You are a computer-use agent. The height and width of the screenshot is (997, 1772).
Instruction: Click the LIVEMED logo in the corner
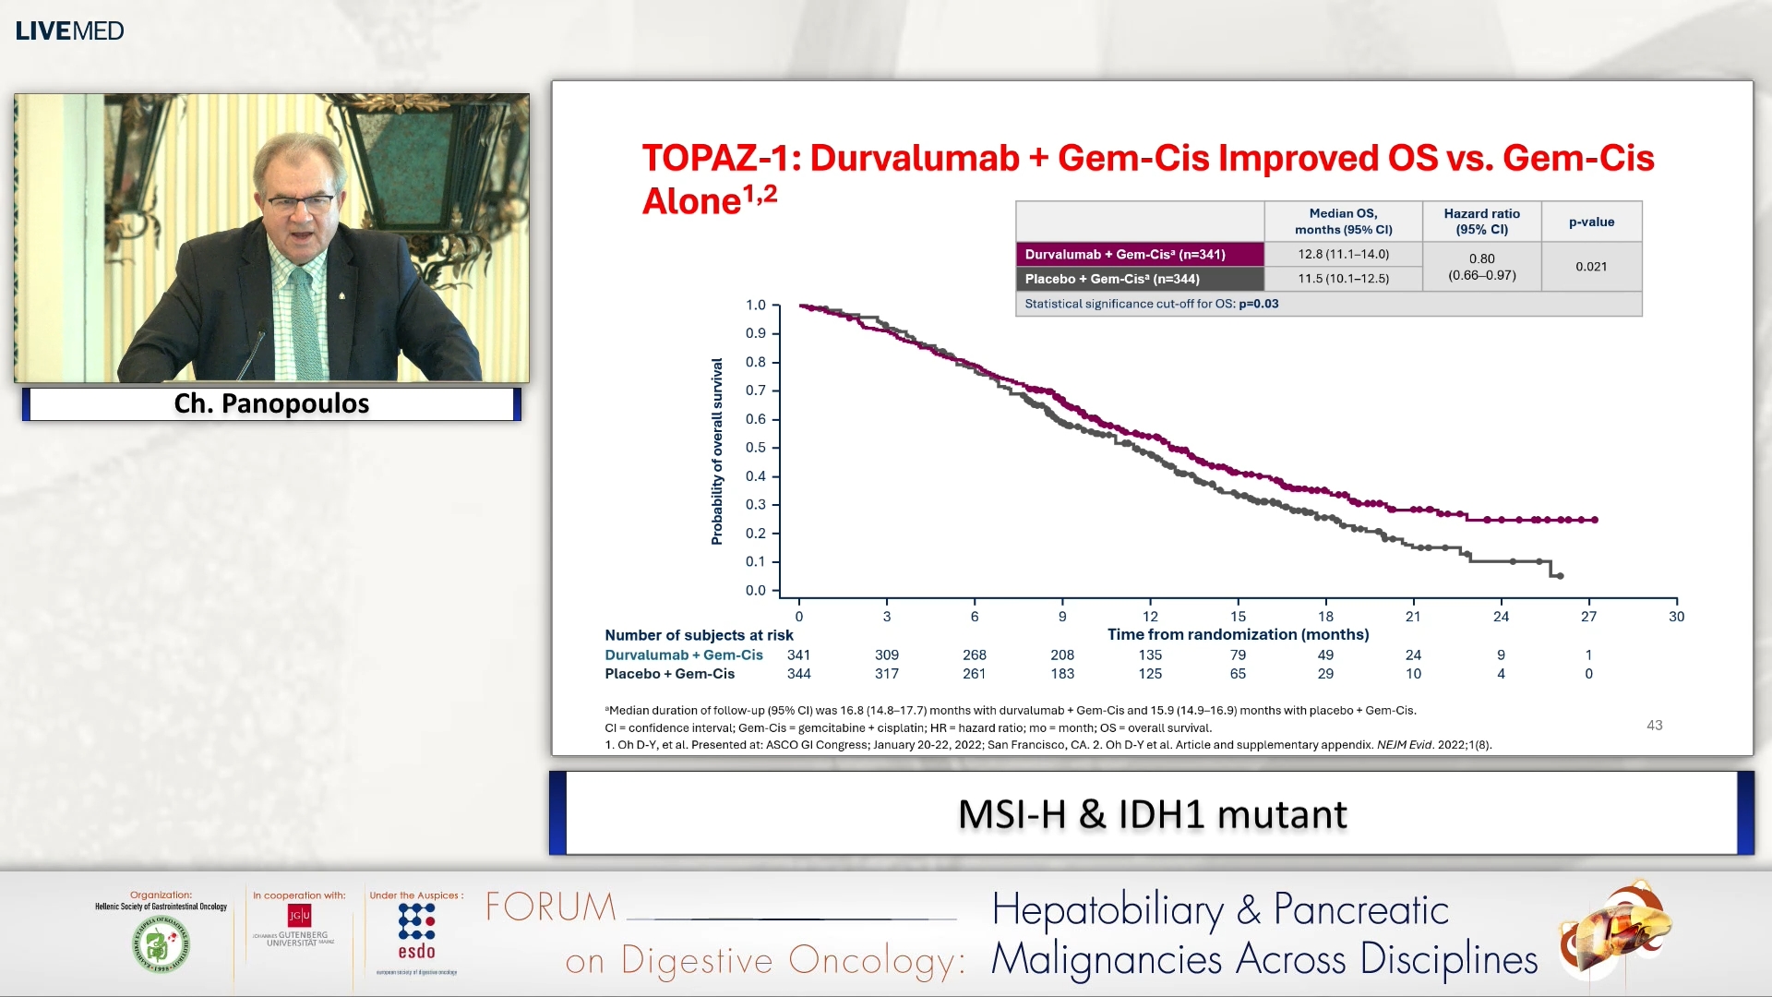(69, 30)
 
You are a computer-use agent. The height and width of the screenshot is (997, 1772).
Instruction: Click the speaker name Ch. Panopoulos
(271, 403)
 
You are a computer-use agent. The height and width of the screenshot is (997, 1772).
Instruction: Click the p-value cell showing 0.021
(1591, 267)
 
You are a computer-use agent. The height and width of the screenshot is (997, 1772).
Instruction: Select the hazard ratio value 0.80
(1481, 258)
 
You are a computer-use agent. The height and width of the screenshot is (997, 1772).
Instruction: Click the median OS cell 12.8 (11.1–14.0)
(1343, 254)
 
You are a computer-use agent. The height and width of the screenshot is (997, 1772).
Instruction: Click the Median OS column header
(1343, 222)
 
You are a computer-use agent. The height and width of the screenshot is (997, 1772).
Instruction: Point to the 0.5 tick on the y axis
(757, 448)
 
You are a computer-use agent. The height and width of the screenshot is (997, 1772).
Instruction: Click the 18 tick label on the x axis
(1325, 617)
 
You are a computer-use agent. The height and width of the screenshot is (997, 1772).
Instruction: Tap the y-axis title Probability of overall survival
(717, 450)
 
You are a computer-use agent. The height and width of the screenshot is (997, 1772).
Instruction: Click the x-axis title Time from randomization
(1238, 634)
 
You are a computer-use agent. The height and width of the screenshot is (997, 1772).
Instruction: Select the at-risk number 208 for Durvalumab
(1062, 655)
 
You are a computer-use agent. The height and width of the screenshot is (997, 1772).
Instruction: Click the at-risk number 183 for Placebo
(1062, 674)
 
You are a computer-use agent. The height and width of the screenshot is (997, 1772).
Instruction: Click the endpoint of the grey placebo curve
(1560, 576)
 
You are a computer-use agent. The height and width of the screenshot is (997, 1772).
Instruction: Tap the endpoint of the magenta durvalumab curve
(1595, 520)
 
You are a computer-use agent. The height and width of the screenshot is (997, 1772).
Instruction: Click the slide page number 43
(1654, 726)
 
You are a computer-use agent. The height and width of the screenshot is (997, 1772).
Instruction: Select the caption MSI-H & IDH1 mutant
(1152, 814)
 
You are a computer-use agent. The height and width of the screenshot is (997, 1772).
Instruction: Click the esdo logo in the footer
(416, 932)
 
